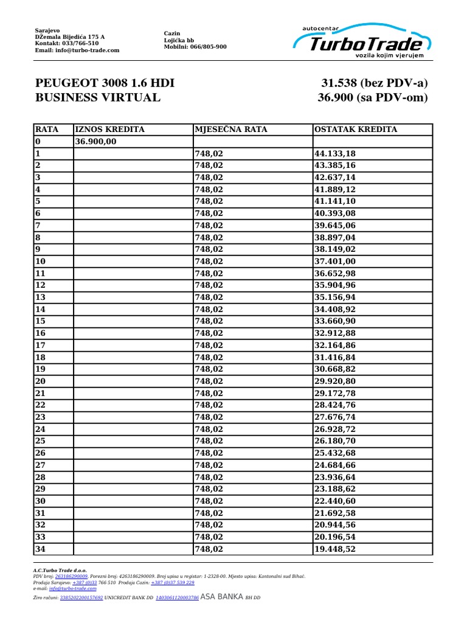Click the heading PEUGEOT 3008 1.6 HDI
(105, 83)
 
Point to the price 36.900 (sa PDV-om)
(373, 97)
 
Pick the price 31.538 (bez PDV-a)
(375, 83)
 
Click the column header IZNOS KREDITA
(110, 130)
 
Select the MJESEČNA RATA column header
(231, 130)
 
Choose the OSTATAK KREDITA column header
(356, 130)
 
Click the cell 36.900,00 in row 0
(96, 142)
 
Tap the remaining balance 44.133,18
(334, 154)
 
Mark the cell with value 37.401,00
(334, 262)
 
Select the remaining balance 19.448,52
(334, 549)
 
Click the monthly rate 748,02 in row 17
(209, 346)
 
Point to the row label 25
(41, 441)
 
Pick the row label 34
(41, 549)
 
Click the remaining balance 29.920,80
(334, 381)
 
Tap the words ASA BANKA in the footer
(222, 597)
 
